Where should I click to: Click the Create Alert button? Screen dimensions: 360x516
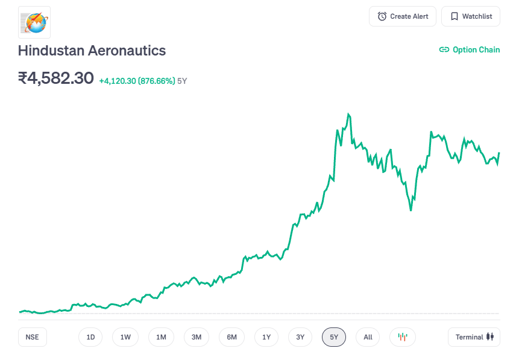click(x=403, y=16)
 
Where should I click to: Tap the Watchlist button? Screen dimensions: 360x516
click(x=471, y=16)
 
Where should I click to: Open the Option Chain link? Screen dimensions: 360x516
click(x=470, y=50)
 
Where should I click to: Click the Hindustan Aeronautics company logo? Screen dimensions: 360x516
click(x=34, y=22)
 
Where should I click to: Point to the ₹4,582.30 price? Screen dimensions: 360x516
click(x=56, y=78)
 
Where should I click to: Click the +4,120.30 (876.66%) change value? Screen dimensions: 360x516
click(x=137, y=81)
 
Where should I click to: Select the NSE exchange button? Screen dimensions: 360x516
click(x=33, y=337)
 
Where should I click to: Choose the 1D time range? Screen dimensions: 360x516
click(x=90, y=337)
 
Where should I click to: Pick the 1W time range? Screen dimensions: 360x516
click(x=125, y=337)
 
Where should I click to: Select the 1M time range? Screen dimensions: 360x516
click(x=161, y=337)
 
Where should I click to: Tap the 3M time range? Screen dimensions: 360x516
click(x=197, y=337)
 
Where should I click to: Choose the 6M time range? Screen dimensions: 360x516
click(x=232, y=337)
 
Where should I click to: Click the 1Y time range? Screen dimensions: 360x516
click(x=266, y=337)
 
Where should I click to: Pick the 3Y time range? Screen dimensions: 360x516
click(x=300, y=337)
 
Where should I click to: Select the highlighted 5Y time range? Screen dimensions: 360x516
click(x=334, y=337)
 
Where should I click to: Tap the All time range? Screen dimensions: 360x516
click(x=368, y=337)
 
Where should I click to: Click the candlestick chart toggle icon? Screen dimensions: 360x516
click(x=403, y=337)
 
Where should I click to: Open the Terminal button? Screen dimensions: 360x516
click(x=474, y=337)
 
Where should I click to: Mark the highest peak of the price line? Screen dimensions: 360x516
click(x=348, y=114)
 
